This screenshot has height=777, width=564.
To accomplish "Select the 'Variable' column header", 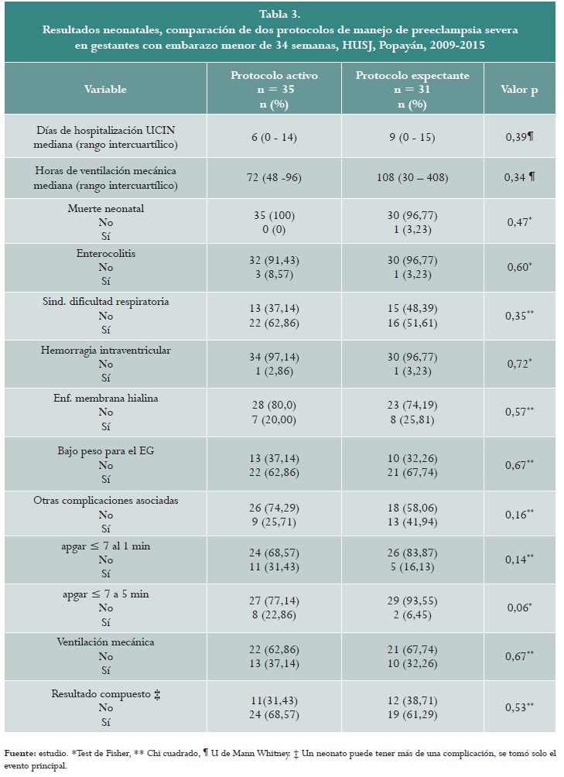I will tap(105, 89).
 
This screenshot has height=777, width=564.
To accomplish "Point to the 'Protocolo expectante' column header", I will tap(418, 75).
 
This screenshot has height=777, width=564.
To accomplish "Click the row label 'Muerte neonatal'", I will tap(105, 208).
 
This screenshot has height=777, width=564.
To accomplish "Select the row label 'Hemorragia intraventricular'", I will tap(105, 350).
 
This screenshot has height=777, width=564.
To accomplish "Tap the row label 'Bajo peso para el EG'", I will tap(105, 450).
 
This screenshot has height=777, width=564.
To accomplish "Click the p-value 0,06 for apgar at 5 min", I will tap(518, 608).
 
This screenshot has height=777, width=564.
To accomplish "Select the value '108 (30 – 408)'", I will tap(418, 177).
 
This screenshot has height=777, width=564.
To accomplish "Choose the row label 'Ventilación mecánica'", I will tap(105, 642).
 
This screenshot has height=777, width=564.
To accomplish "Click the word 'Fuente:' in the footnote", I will tap(21, 752).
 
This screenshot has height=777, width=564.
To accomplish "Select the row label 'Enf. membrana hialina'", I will tap(105, 398).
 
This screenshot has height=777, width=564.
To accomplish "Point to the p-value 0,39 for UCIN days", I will tap(518, 137).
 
